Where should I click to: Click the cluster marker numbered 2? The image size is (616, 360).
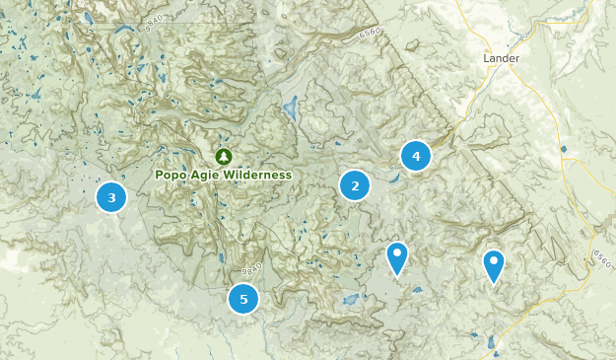(x=355, y=185)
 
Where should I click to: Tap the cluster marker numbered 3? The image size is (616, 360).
(x=111, y=198)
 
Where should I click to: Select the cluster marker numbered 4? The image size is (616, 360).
(x=416, y=156)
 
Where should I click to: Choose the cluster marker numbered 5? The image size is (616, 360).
(x=242, y=299)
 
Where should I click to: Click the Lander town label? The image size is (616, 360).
(x=501, y=58)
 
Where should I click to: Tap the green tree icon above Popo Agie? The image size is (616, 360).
(x=224, y=156)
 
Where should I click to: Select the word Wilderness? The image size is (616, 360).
(x=257, y=175)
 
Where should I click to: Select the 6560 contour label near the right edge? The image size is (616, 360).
(x=600, y=254)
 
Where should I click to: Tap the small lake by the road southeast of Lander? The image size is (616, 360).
(x=563, y=150)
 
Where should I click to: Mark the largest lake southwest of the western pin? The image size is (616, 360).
(x=349, y=300)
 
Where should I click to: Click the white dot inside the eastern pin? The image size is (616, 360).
(x=494, y=261)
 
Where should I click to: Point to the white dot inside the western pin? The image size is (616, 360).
(x=396, y=253)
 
